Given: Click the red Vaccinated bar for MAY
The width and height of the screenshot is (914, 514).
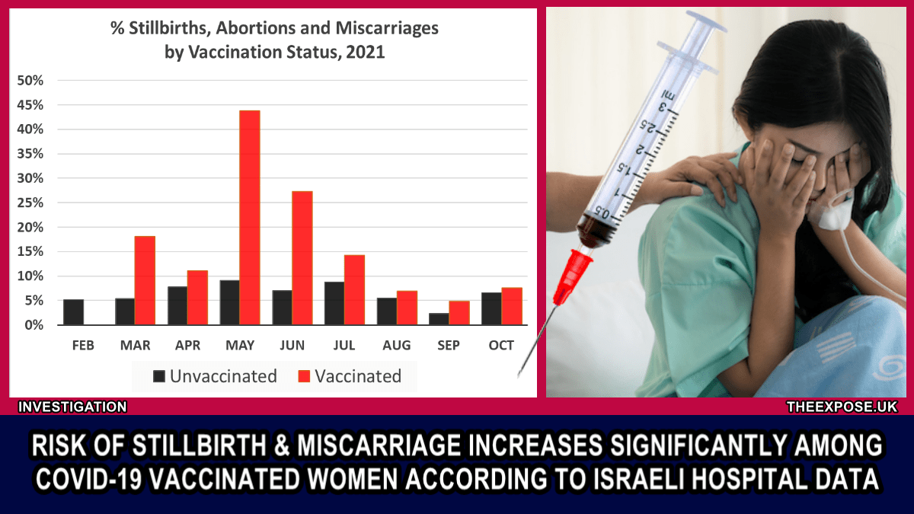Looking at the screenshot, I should pyautogui.click(x=250, y=218).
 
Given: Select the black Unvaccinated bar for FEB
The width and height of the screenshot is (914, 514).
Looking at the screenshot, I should pyautogui.click(x=74, y=312).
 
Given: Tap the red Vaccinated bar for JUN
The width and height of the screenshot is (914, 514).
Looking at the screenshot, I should pyautogui.click(x=302, y=258).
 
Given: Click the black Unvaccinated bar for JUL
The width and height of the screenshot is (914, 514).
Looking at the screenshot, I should pyautogui.click(x=334, y=303).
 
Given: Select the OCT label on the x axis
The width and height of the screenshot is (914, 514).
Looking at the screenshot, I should pyautogui.click(x=501, y=346).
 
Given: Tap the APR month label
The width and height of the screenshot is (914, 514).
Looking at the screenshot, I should pyautogui.click(x=187, y=346).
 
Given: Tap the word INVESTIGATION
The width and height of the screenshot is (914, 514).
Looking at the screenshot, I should pyautogui.click(x=72, y=407).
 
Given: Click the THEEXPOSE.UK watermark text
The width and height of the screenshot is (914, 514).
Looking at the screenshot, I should pyautogui.click(x=842, y=407).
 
